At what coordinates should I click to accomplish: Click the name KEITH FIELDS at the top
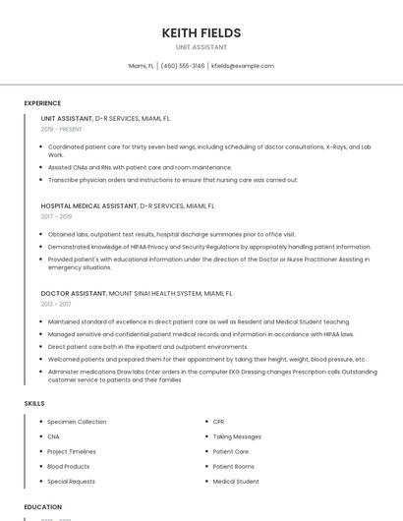pyautogui.click(x=201, y=33)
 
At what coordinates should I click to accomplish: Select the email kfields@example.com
pyautogui.click(x=243, y=66)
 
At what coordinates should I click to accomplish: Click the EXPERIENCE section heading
pyautogui.click(x=42, y=103)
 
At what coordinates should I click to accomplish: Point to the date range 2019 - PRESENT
pyautogui.click(x=61, y=129)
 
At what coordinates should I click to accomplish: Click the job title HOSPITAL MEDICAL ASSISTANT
pyautogui.click(x=88, y=206)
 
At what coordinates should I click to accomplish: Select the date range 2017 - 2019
pyautogui.click(x=56, y=216)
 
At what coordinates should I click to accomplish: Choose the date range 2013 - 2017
pyautogui.click(x=56, y=304)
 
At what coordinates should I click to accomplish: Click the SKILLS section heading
pyautogui.click(x=34, y=403)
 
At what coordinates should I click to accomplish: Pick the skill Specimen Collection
pyautogui.click(x=77, y=422)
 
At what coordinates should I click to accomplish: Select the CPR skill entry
pyautogui.click(x=219, y=422)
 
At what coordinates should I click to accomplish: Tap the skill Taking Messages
pyautogui.click(x=237, y=436)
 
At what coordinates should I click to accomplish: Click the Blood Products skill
pyautogui.click(x=68, y=467)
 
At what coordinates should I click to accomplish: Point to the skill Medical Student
pyautogui.click(x=236, y=482)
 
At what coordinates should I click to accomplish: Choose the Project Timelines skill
pyautogui.click(x=72, y=451)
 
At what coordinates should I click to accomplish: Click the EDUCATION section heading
pyautogui.click(x=43, y=507)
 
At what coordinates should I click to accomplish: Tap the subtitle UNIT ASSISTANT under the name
pyautogui.click(x=201, y=47)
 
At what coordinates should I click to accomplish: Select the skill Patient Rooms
pyautogui.click(x=234, y=467)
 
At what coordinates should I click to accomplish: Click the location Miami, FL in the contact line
pyautogui.click(x=142, y=66)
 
